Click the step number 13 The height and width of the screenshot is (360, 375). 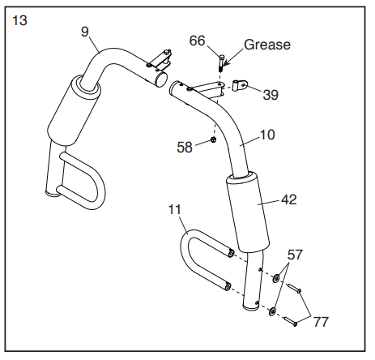[19, 20]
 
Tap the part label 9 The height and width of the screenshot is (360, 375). [85, 32]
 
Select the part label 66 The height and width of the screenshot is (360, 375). [197, 41]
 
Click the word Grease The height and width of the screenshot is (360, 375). [267, 45]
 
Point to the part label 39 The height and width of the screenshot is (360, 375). [271, 95]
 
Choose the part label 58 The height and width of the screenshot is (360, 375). [185, 148]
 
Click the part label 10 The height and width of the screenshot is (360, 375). [266, 135]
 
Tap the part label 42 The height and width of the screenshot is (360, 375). [288, 199]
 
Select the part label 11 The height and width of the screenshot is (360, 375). [174, 209]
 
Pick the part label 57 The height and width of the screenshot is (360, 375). [295, 255]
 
